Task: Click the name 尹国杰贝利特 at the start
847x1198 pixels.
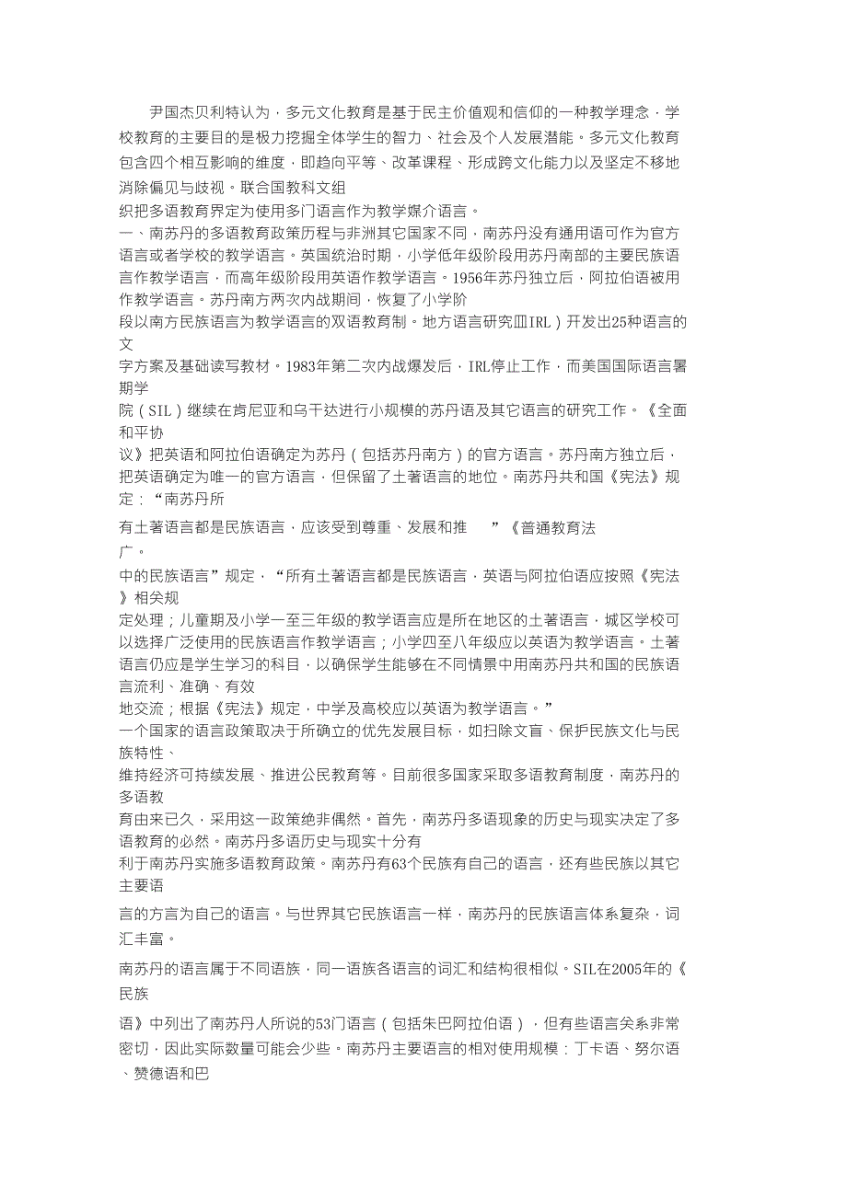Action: [195, 113]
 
